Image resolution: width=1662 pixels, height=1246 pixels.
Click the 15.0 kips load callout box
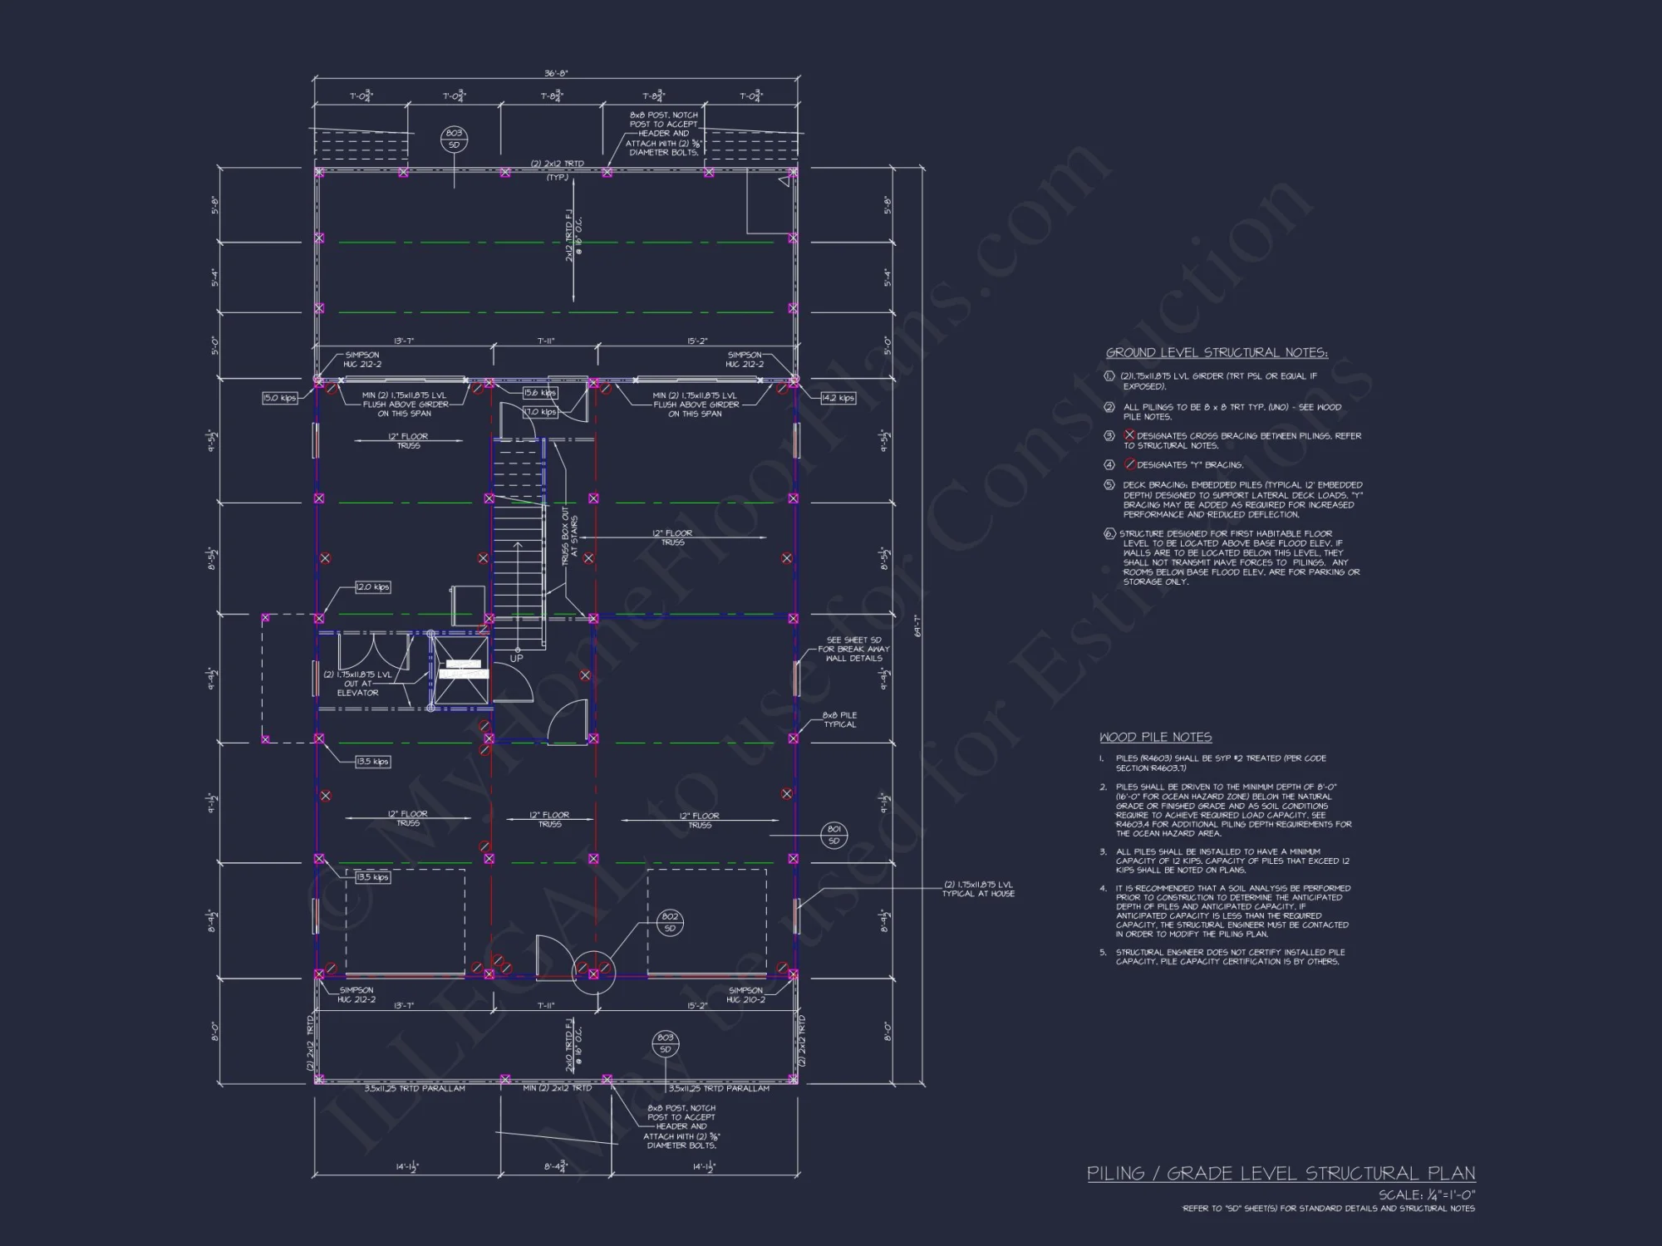click(x=279, y=398)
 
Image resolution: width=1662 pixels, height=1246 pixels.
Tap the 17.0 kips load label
click(x=539, y=412)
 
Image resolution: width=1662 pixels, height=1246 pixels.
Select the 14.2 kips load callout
click(x=838, y=398)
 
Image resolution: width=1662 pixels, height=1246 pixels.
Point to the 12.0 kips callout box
click(x=372, y=587)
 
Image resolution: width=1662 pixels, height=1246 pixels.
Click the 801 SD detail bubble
click(x=833, y=835)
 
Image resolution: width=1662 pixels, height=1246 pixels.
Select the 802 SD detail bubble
click(x=670, y=922)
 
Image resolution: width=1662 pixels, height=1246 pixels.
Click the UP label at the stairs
click(x=516, y=659)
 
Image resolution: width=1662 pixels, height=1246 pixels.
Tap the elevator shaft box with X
click(x=462, y=670)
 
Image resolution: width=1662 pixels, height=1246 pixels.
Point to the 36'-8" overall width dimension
click(x=556, y=73)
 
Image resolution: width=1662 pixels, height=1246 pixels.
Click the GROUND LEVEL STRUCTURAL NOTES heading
click(x=1217, y=353)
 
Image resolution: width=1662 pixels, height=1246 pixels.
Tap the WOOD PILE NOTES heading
click(x=1155, y=737)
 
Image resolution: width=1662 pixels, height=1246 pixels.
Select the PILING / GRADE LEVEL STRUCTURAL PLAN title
click(x=1281, y=1173)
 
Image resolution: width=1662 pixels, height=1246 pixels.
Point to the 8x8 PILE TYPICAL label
click(x=839, y=719)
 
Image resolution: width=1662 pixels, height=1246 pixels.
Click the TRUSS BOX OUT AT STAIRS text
click(x=569, y=538)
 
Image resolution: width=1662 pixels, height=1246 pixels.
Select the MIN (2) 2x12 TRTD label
click(x=557, y=1088)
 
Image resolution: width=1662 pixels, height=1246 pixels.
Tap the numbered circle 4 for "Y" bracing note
click(x=1109, y=464)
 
